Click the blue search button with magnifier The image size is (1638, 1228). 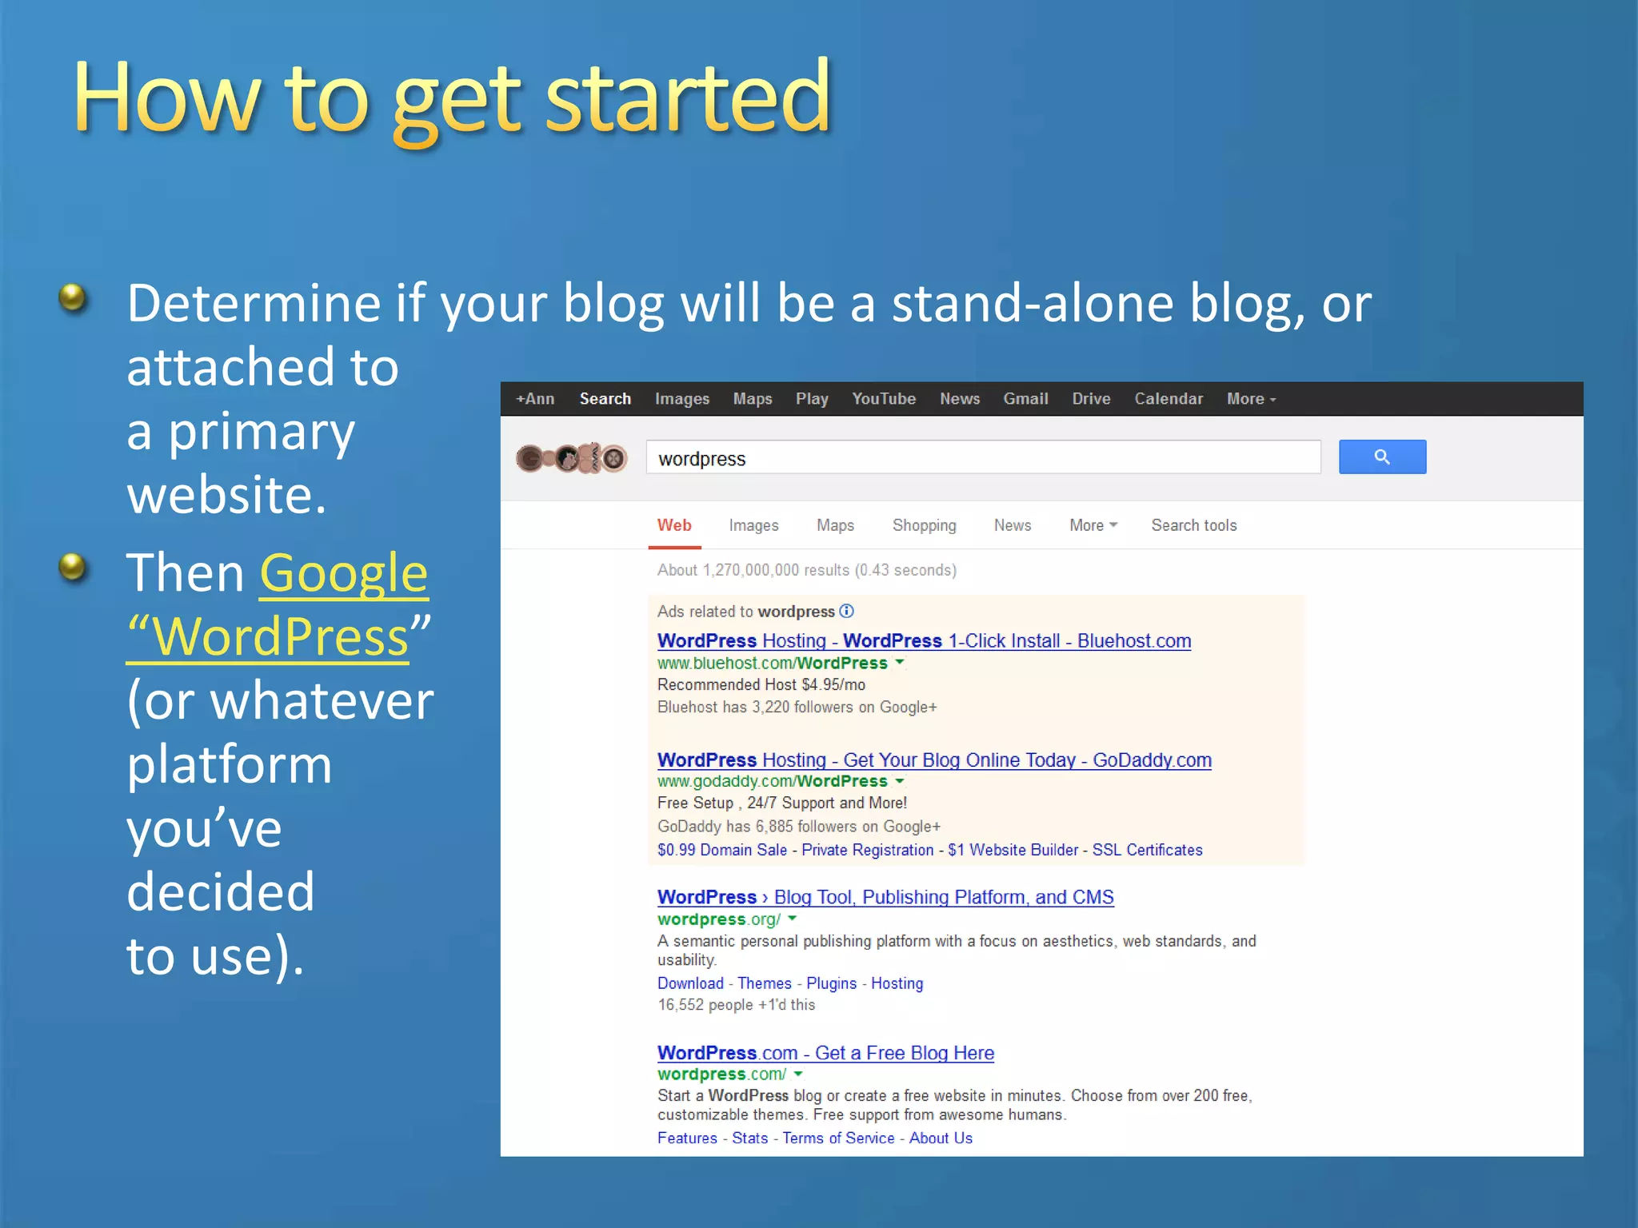tap(1382, 457)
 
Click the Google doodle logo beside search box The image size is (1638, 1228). tap(571, 458)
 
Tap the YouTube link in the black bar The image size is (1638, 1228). tap(883, 399)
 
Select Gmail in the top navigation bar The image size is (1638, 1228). tap(1025, 399)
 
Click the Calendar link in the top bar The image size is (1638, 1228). tap(1168, 399)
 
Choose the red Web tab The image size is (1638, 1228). tap(674, 525)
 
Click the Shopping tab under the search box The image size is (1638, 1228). tap(924, 525)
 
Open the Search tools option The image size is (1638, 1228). tap(1193, 525)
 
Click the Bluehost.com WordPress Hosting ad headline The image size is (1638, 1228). tap(924, 641)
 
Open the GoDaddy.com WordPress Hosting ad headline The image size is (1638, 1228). tap(934, 760)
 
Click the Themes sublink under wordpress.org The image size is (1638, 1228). tap(764, 983)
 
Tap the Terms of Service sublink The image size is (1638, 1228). tap(838, 1138)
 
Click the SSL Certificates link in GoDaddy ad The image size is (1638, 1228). tap(1147, 850)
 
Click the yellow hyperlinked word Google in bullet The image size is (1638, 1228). tap(344, 573)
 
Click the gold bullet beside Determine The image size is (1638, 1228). tap(73, 298)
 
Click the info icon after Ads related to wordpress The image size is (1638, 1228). tap(847, 612)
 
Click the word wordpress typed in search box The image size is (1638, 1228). tap(701, 459)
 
